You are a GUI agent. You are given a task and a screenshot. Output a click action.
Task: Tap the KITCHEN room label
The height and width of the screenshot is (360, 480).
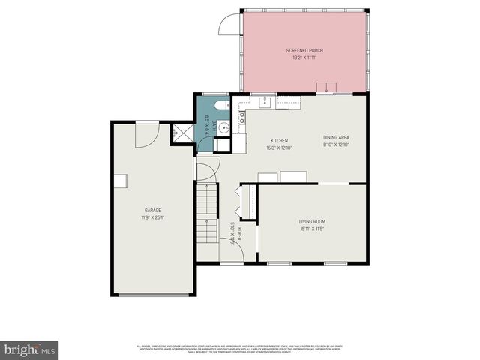[x=279, y=140]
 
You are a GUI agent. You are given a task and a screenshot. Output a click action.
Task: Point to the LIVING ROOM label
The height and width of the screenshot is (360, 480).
[x=313, y=220]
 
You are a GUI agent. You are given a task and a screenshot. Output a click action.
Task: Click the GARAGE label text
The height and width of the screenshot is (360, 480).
[x=153, y=210]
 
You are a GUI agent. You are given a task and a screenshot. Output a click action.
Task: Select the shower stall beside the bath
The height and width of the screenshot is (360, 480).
[x=181, y=133]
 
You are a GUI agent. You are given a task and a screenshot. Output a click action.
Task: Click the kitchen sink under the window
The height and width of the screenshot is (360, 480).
[x=265, y=103]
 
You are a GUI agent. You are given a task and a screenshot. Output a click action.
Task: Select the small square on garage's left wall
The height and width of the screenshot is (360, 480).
[x=120, y=181]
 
